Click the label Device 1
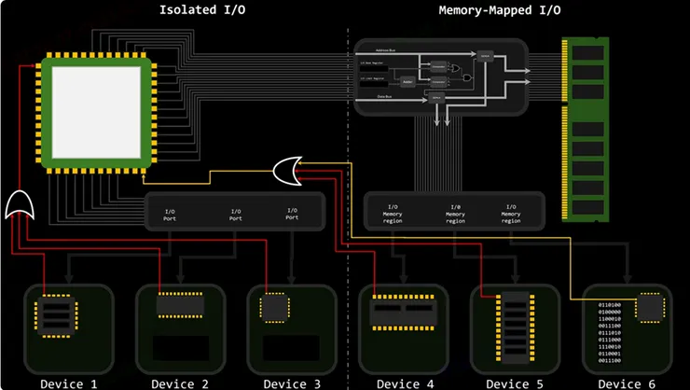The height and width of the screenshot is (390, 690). point(67,383)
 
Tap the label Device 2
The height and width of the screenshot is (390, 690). point(179,383)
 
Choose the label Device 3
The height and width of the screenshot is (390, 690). point(291,383)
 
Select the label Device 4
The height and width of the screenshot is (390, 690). point(403,383)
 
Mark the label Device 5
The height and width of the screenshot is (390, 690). point(515,383)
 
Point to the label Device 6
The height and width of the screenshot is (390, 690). point(627,383)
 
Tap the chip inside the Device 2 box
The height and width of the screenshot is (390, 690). point(180,306)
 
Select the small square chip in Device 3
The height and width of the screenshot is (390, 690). point(276,308)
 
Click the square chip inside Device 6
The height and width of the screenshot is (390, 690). point(650,309)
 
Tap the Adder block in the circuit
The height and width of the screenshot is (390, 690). point(407,81)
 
